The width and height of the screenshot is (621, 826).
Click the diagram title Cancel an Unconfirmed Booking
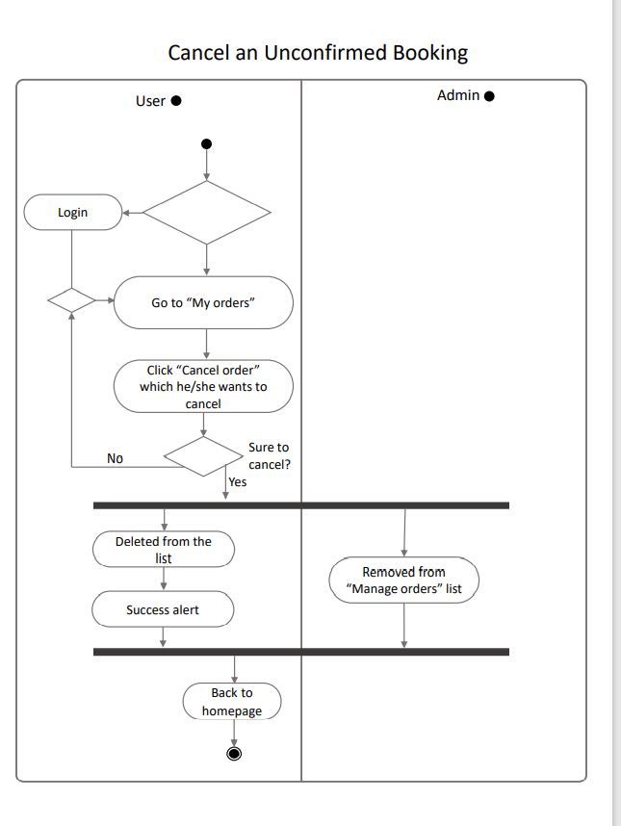[x=318, y=52]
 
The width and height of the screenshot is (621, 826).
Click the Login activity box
[x=73, y=212]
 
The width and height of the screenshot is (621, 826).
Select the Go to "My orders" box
[x=203, y=302]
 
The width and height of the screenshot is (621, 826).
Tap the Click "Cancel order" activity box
[x=203, y=386]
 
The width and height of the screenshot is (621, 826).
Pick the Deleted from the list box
[x=164, y=549]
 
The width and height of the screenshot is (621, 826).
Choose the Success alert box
[x=163, y=609]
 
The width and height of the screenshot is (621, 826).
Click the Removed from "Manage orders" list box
[x=403, y=580]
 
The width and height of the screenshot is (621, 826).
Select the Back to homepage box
[x=232, y=701]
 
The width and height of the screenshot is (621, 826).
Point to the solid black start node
[x=206, y=144]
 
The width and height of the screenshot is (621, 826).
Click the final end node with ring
[x=233, y=753]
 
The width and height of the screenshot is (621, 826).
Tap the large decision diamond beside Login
[x=206, y=213]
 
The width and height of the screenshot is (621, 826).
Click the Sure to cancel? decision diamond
[x=203, y=455]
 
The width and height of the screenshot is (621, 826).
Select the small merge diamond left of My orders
[x=72, y=299]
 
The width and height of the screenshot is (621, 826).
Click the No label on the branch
[x=116, y=458]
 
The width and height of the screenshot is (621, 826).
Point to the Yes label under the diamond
[x=238, y=481]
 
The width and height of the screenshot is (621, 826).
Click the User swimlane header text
[x=150, y=101]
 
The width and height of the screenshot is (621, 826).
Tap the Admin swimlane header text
[x=457, y=95]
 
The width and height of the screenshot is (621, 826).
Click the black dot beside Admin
[x=489, y=96]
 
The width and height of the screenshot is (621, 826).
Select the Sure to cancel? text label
[x=269, y=455]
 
